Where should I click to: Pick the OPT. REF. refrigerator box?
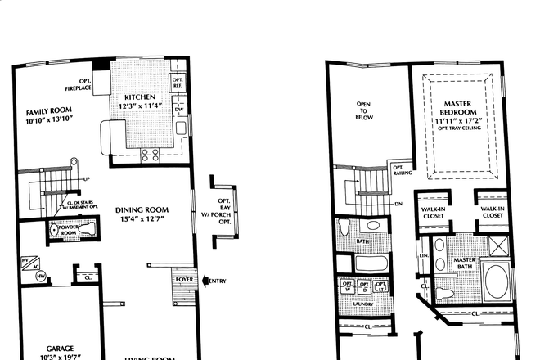(178, 83)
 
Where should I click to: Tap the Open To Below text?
(366, 110)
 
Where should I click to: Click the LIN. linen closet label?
(424, 256)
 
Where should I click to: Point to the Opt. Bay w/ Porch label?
(224, 210)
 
